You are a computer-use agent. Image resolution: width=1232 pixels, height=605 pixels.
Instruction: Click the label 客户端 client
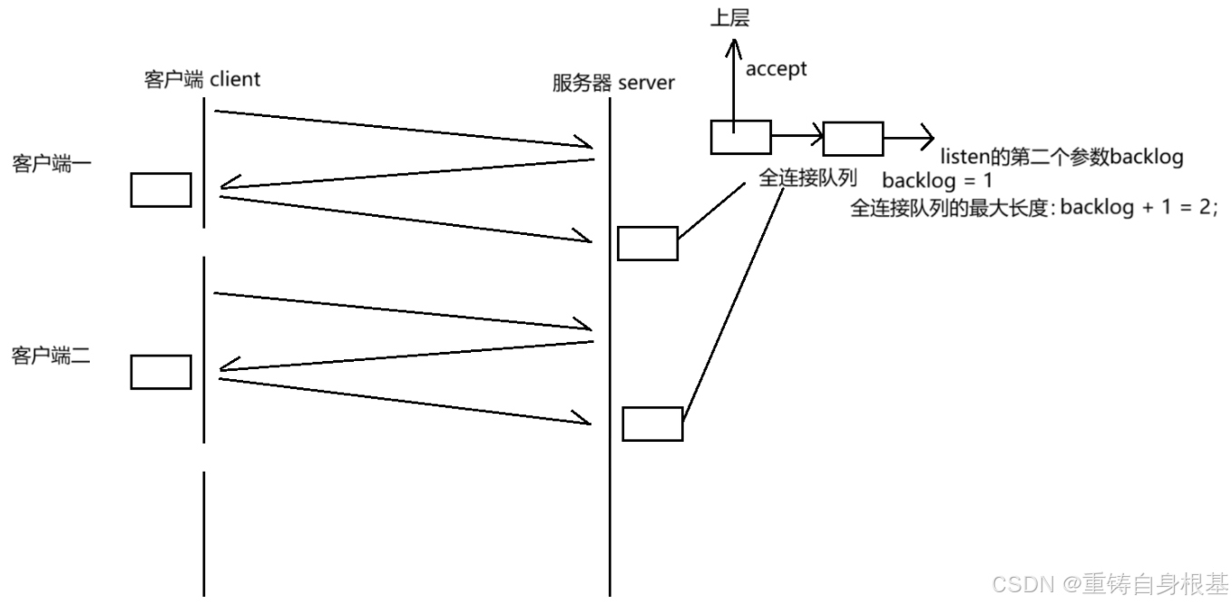[201, 80]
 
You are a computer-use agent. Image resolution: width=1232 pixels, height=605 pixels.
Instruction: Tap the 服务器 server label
[613, 83]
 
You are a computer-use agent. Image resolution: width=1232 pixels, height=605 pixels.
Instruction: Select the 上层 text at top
[730, 17]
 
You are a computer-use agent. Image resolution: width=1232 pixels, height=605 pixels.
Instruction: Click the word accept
[776, 69]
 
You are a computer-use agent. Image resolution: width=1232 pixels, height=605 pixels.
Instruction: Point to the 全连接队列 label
[807, 178]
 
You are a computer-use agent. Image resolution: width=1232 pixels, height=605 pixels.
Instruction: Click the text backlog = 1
[937, 180]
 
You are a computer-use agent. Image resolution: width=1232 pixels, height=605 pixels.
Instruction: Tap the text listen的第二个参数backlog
[1061, 157]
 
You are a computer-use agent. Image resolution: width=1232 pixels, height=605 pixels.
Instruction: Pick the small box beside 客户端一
[161, 190]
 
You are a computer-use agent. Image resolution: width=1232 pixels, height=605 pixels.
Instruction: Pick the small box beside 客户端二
[161, 372]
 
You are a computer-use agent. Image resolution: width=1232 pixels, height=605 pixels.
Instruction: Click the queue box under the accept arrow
[740, 138]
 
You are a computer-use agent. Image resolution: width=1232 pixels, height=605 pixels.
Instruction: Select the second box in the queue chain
[853, 139]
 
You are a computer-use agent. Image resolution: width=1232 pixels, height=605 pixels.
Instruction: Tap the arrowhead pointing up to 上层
[731, 42]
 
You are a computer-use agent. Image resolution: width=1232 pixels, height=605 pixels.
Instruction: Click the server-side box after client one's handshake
[648, 243]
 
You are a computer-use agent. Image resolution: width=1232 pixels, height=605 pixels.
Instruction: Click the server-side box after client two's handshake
[652, 424]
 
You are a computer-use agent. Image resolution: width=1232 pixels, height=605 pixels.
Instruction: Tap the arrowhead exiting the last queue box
[925, 138]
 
